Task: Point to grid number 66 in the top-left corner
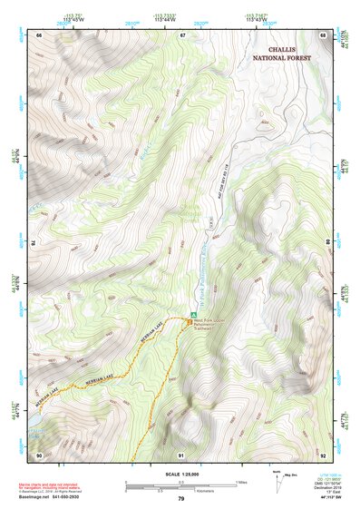tap(38, 35)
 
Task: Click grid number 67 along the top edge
tap(182, 35)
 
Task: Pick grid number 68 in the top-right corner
tap(323, 35)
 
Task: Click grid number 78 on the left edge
tap(36, 242)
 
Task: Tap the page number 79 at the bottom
tap(180, 499)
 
